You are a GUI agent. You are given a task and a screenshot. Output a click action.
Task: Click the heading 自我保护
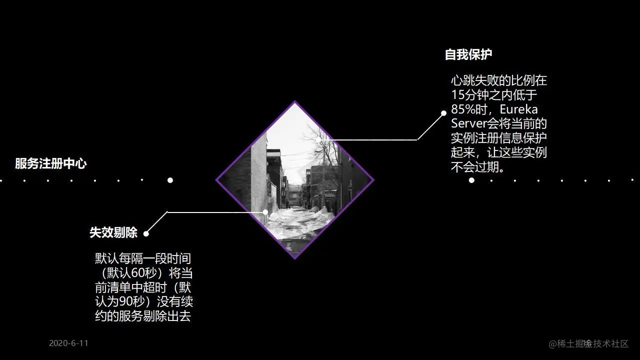point(468,55)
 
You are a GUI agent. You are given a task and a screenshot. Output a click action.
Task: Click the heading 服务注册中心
point(50,163)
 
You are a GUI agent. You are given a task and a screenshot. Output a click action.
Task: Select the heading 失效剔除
point(113,232)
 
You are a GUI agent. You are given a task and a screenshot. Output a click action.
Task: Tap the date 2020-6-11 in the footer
point(68,343)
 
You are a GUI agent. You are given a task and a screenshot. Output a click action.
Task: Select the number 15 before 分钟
point(458,94)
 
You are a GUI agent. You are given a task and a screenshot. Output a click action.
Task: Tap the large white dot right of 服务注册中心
point(170,180)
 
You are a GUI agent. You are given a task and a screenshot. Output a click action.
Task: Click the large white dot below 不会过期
point(471,180)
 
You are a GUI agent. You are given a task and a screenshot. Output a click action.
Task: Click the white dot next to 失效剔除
point(146,233)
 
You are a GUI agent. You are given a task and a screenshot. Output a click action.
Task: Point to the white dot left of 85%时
point(443,113)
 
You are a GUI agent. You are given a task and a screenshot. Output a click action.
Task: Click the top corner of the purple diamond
point(295,102)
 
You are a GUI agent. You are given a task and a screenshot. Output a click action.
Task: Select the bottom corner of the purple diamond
point(295,257)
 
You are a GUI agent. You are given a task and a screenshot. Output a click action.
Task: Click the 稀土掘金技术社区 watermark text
point(588,343)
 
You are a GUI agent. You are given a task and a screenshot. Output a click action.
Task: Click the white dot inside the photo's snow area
point(265,212)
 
